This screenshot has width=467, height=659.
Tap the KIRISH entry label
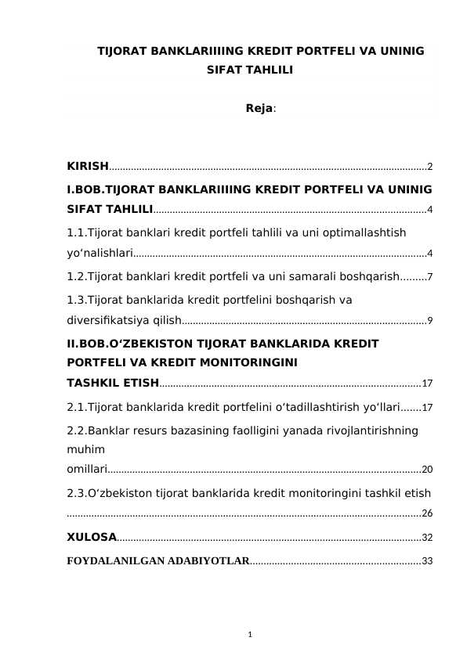[x=88, y=166]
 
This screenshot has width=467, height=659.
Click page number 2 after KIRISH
[x=430, y=167]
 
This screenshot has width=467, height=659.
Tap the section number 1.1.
[x=76, y=232]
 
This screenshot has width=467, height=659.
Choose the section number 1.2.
[x=76, y=276]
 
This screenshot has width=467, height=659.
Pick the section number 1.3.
[x=76, y=299]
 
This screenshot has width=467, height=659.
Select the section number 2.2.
[x=76, y=430]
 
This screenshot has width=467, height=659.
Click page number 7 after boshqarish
[x=430, y=277]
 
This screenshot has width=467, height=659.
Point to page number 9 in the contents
[x=430, y=320]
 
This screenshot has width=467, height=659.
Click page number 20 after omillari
[x=427, y=470]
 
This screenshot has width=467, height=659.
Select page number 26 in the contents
[x=427, y=513]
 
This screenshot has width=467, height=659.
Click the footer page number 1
[x=248, y=633]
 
